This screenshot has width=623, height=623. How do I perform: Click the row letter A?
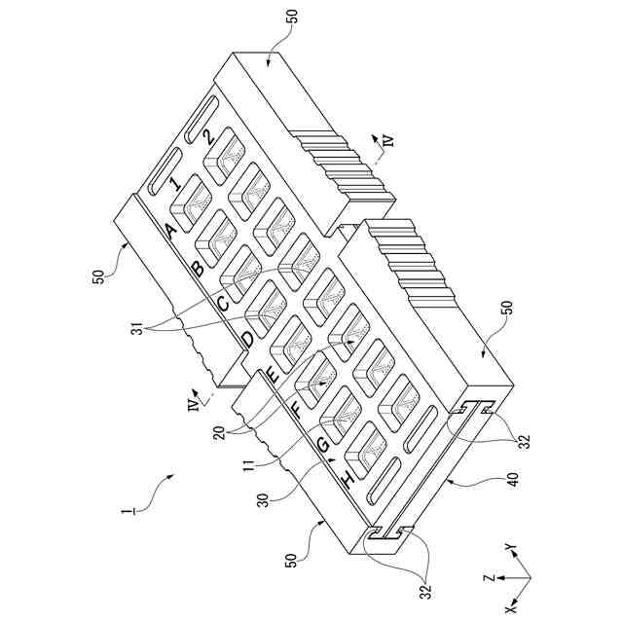[172, 230]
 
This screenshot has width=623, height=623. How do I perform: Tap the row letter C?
[223, 304]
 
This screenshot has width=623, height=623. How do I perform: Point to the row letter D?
[247, 340]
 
